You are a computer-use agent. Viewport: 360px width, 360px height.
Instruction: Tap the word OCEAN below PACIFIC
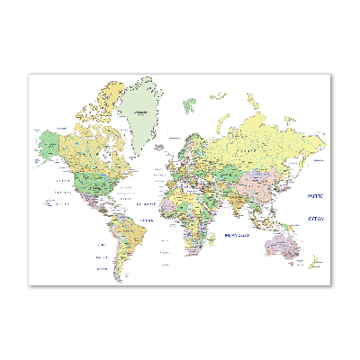pyautogui.click(x=316, y=218)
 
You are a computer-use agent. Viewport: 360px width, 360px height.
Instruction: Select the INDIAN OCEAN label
pyautogui.click(x=237, y=236)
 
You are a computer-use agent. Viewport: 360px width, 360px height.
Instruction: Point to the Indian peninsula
pyautogui.click(x=238, y=198)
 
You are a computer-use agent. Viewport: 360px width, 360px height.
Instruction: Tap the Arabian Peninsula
pyautogui.click(x=212, y=189)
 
